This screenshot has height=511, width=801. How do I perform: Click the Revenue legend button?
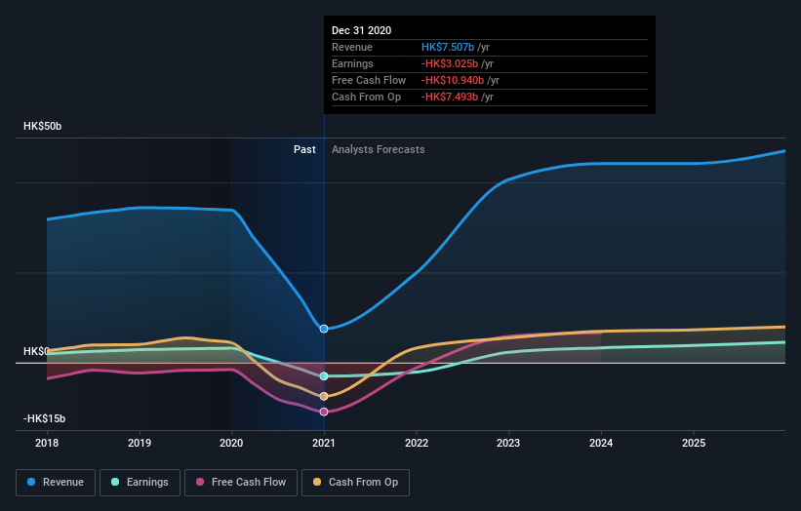(56, 482)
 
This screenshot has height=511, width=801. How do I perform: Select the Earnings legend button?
(140, 482)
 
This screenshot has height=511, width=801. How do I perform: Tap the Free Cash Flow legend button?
(240, 482)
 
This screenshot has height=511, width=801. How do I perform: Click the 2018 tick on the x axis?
(47, 442)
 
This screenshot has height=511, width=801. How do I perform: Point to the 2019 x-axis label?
(140, 442)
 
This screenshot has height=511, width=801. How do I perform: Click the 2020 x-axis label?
(232, 442)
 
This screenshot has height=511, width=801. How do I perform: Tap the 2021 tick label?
(324, 442)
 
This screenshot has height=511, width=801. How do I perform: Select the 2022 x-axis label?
(417, 442)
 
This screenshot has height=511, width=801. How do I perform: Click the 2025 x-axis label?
(694, 442)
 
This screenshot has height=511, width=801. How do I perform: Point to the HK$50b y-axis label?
(43, 127)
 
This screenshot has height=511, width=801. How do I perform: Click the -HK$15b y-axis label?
(45, 418)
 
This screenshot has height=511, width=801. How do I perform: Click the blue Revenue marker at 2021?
(324, 329)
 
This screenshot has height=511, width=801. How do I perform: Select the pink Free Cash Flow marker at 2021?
(324, 412)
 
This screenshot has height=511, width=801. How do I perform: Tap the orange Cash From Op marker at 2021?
(324, 396)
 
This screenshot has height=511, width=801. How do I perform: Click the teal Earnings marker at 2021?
(324, 375)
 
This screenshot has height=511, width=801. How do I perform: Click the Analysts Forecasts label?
(378, 149)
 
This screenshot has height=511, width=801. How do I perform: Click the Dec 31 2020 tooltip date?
(361, 30)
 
